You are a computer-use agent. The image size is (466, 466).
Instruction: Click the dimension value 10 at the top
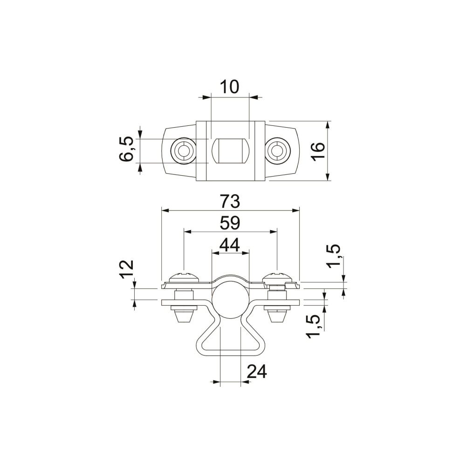click(x=229, y=87)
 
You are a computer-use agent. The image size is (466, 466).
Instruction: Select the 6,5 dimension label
click(x=126, y=150)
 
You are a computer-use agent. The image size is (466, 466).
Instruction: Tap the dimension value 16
click(x=318, y=152)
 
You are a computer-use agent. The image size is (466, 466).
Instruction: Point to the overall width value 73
click(x=230, y=201)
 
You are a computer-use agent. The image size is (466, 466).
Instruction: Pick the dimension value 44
click(x=229, y=245)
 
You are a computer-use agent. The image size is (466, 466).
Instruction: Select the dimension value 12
click(x=127, y=269)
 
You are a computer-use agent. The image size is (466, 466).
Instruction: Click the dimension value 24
click(x=257, y=371)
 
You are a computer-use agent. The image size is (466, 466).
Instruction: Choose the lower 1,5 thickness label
click(x=314, y=326)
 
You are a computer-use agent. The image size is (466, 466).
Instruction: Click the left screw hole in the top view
click(x=183, y=151)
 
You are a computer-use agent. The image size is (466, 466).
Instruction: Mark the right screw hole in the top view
click(x=278, y=151)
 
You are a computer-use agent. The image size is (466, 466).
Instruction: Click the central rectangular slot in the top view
click(x=230, y=151)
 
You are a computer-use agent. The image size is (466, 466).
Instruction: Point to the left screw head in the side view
click(x=184, y=277)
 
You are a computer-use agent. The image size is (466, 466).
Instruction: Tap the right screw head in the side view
click(x=277, y=277)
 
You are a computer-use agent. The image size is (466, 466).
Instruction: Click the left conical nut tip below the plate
click(x=184, y=316)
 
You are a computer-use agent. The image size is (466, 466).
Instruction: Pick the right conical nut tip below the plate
click(x=277, y=316)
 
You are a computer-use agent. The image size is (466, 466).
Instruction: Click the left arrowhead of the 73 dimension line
click(x=165, y=211)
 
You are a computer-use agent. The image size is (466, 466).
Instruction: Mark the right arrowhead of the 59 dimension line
click(x=273, y=232)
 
